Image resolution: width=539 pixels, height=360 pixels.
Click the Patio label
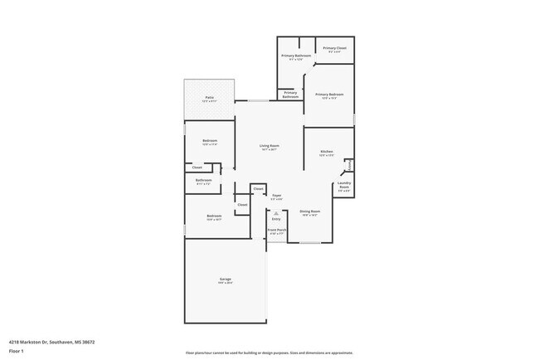point(210,99)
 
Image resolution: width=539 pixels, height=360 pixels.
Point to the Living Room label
point(270,147)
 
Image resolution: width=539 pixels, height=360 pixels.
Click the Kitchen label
point(327,153)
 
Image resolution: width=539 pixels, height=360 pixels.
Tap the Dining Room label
point(309,212)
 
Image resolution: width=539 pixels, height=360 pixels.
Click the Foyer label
point(277,197)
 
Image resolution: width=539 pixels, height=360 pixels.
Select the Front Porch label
point(277,231)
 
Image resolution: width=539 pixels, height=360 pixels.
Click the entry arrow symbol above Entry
point(276,212)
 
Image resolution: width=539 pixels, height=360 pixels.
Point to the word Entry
point(276,219)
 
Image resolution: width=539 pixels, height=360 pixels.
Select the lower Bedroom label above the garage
point(214,217)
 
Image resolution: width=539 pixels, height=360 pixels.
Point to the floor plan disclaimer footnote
point(269,352)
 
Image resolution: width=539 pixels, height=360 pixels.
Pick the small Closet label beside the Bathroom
point(197,168)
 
